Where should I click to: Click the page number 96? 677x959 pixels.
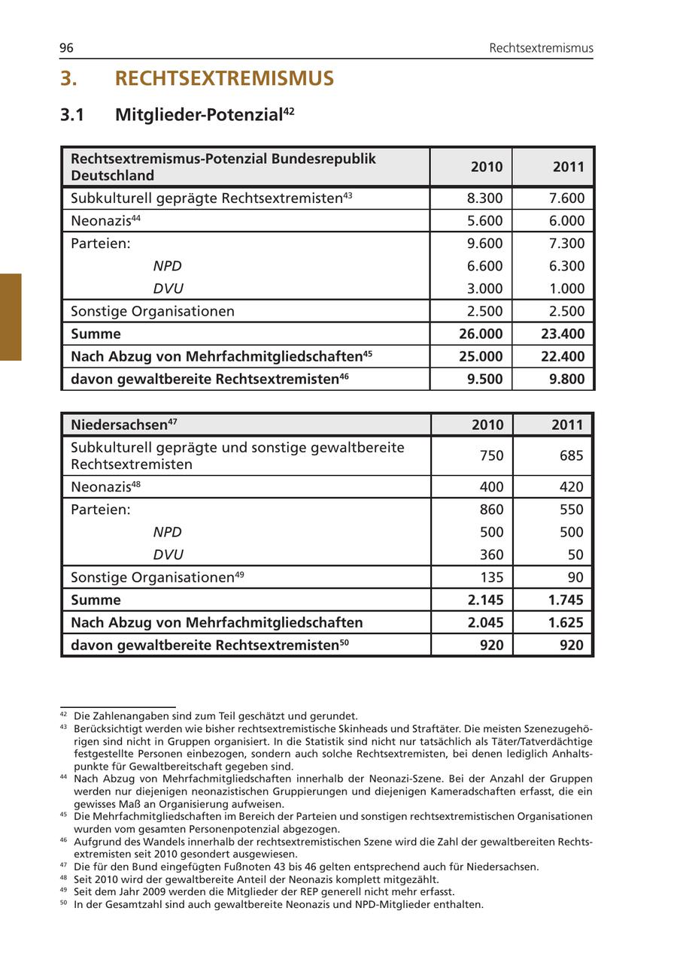click(x=66, y=48)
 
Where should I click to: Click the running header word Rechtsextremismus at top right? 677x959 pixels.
click(x=541, y=48)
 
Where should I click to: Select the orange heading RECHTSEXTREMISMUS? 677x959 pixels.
click(x=224, y=79)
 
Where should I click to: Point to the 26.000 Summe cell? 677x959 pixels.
click(x=481, y=334)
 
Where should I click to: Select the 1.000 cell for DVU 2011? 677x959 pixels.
click(x=567, y=289)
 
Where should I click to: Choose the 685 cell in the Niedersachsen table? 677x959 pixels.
click(x=571, y=455)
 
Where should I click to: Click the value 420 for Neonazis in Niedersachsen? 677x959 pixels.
click(x=571, y=487)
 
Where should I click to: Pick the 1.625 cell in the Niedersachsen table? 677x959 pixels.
click(x=566, y=622)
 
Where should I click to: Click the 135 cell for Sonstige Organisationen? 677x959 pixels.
click(x=491, y=577)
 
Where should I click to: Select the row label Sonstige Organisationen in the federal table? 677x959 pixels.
click(x=153, y=311)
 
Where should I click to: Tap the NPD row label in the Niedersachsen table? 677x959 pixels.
click(x=167, y=532)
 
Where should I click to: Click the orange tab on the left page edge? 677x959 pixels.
click(x=11, y=317)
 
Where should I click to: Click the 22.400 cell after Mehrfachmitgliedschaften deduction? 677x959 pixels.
click(x=563, y=356)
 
